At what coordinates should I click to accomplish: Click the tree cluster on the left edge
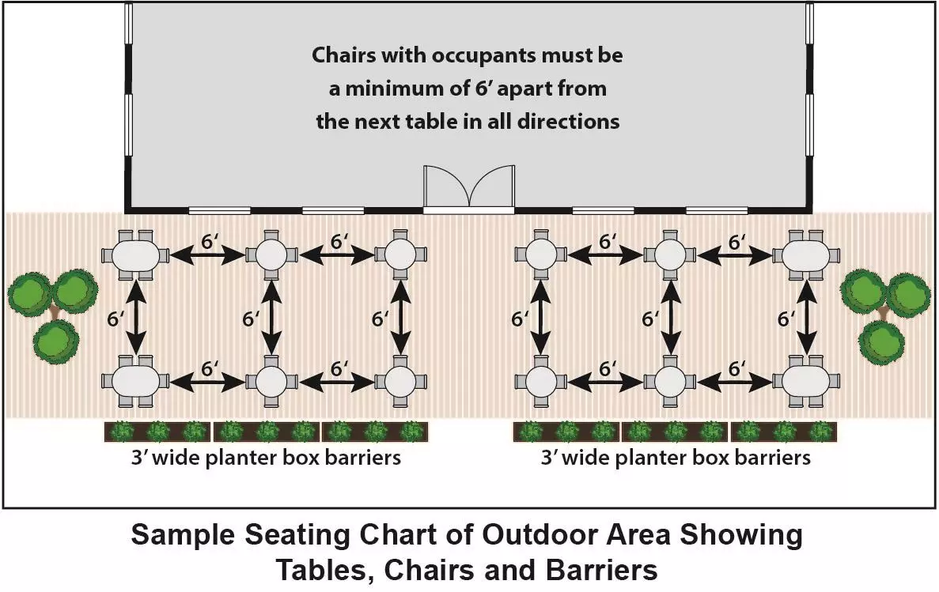tap(52, 308)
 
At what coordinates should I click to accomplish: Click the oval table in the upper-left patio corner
tap(136, 255)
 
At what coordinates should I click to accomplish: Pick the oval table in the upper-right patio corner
tap(807, 255)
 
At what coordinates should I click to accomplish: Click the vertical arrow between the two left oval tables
tap(137, 318)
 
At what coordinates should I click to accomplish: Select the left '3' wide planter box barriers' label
tap(266, 458)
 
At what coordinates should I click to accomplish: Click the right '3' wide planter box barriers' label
tap(676, 458)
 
